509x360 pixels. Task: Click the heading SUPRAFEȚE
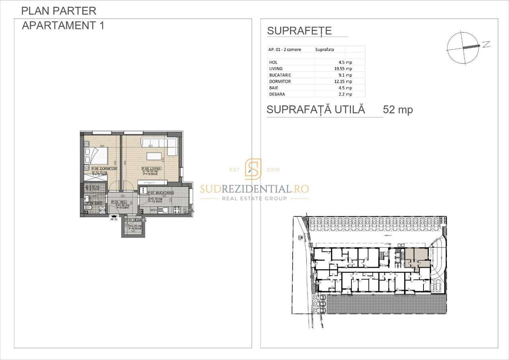point(299,31)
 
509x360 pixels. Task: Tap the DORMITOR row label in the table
point(280,81)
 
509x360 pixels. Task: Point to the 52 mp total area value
point(398,110)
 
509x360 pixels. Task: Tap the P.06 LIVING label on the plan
point(151,169)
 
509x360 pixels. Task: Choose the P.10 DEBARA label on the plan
point(136,220)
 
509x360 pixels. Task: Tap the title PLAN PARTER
point(58,11)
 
